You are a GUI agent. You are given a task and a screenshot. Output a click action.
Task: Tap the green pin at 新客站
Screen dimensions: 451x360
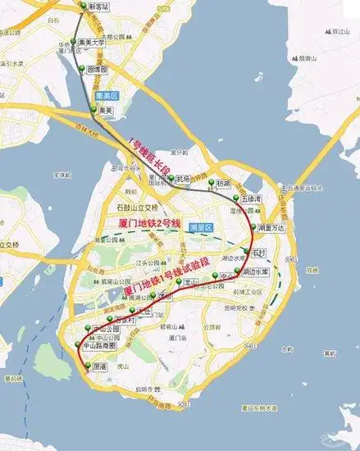(x=82, y=6)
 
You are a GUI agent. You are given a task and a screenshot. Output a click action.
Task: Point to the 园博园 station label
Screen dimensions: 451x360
(x=97, y=71)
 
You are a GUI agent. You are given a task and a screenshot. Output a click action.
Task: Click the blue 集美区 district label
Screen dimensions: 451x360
(x=109, y=96)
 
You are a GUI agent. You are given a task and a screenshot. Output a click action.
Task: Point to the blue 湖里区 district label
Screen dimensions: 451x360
(x=201, y=227)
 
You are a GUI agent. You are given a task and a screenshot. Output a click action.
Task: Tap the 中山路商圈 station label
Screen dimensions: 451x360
(x=99, y=345)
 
